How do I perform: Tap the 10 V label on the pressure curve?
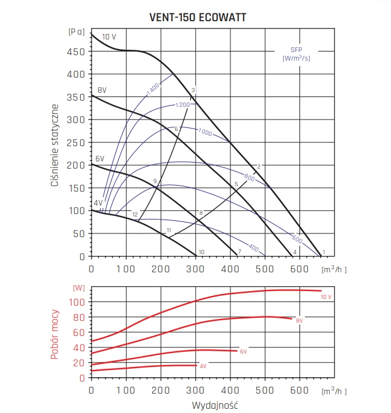[109, 37]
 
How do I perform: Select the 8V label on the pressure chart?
[102, 90]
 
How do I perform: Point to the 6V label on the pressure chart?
[100, 159]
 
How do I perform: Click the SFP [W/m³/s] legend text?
[297, 53]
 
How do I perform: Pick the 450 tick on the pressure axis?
[77, 51]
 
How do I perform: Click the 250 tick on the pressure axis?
[77, 143]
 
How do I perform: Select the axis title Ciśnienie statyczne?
[55, 144]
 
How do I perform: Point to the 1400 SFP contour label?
[152, 89]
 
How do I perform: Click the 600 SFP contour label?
[296, 238]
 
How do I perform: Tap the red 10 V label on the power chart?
[326, 297]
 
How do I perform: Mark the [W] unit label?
[79, 287]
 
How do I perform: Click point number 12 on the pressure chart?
[135, 215]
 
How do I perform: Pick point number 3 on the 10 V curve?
[193, 90]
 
